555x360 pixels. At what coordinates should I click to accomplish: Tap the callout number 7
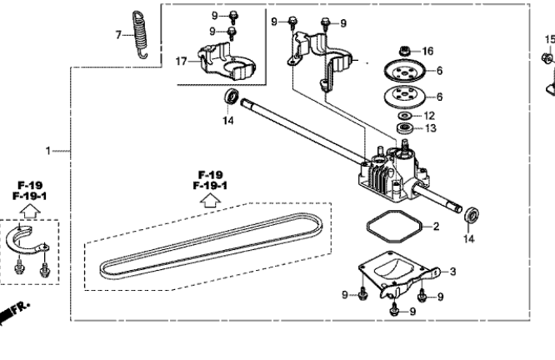point(117,34)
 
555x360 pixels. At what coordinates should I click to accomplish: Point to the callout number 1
point(48,150)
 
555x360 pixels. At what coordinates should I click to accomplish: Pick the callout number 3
point(452,271)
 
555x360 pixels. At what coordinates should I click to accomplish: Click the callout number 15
point(548,38)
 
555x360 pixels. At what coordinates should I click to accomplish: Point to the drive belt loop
point(208,247)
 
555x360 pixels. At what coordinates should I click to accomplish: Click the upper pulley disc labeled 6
point(403,70)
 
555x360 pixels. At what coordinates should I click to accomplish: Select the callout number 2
point(436,226)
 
